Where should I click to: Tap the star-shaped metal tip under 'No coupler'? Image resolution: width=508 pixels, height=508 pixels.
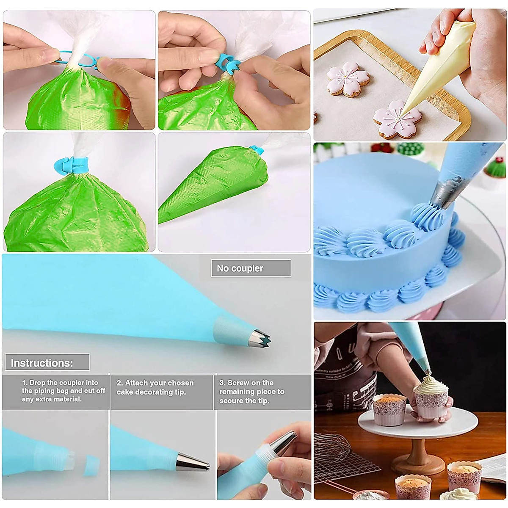point(259,338)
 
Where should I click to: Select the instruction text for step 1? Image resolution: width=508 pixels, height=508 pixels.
point(63,391)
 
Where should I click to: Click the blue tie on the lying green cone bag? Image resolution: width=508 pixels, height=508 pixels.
point(257,150)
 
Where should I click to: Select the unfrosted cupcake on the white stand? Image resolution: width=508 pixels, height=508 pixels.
point(389,409)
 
